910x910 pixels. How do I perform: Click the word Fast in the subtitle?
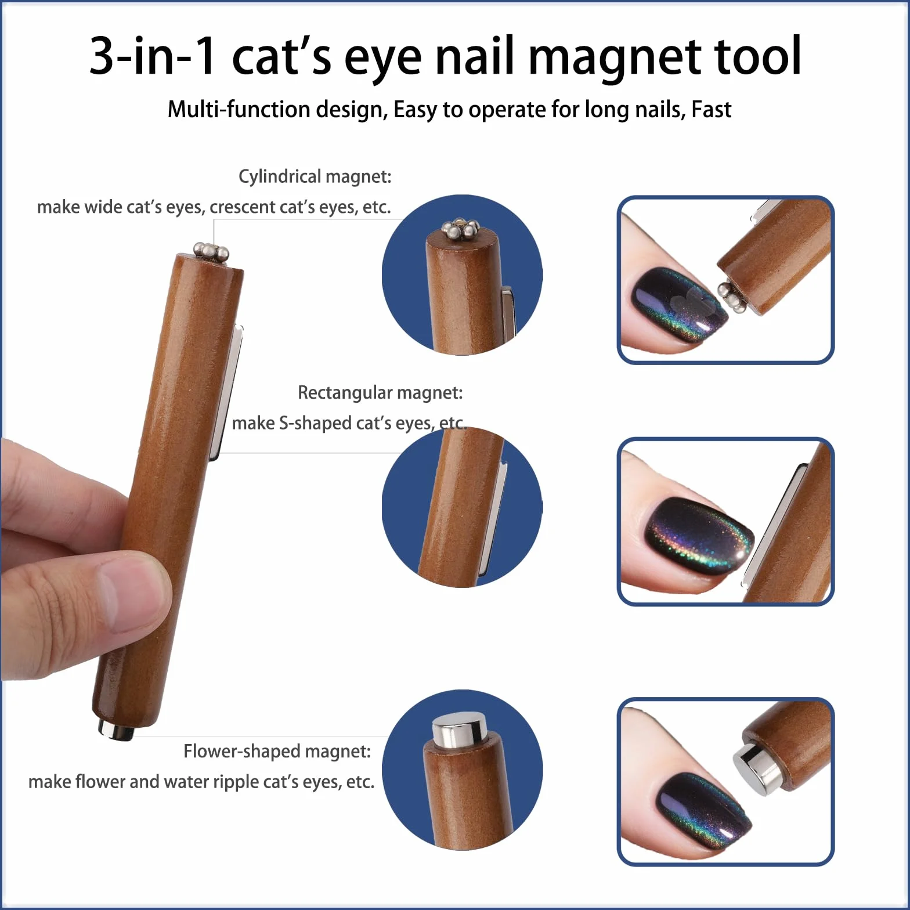point(711,109)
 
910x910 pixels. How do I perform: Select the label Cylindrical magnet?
point(315,176)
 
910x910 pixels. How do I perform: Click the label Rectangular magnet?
point(380,393)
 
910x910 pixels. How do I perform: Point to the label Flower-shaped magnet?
point(277,752)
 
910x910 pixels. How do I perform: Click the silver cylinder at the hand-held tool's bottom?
point(115,730)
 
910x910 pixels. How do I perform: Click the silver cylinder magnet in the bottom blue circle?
point(458,729)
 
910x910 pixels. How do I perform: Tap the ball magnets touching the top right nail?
point(732,297)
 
